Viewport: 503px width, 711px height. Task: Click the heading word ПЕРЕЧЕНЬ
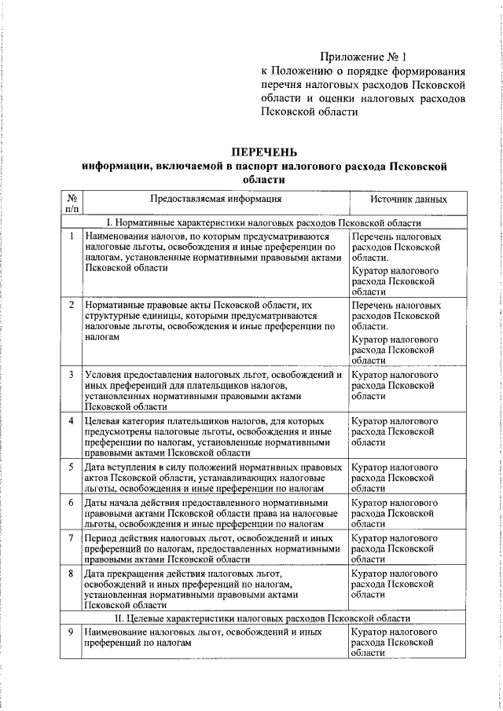[x=264, y=152]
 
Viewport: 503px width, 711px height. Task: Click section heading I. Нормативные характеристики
[x=264, y=223]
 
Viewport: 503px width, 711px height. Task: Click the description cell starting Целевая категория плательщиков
[x=212, y=437]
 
